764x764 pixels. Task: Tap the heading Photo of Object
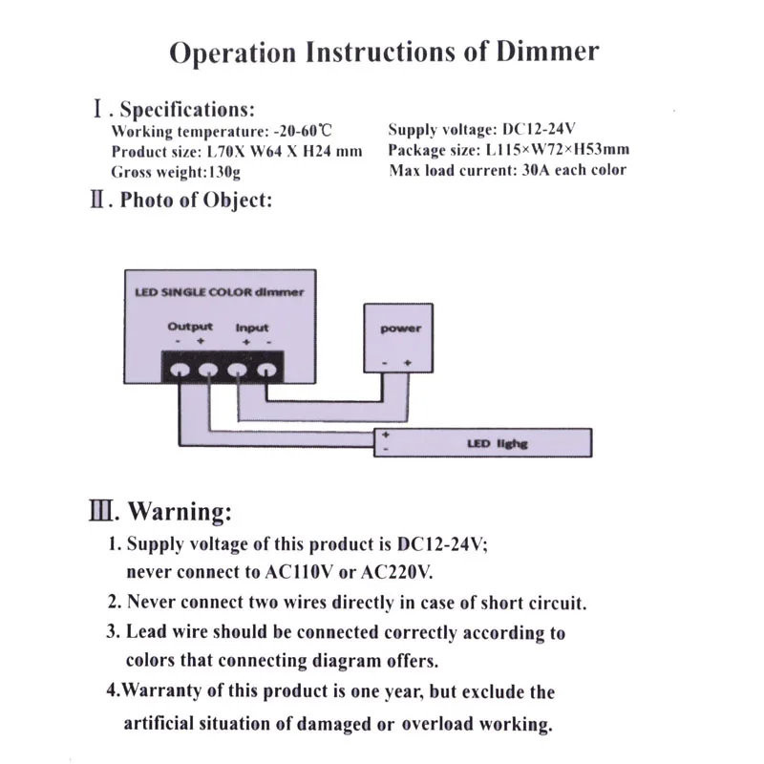[x=196, y=201]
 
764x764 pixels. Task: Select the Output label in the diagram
[x=190, y=327]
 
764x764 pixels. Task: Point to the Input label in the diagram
[x=252, y=328]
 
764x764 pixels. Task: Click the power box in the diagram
[x=400, y=339]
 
